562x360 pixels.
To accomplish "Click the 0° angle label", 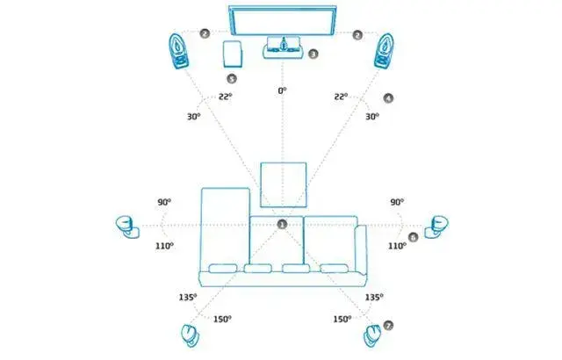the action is click(x=283, y=91).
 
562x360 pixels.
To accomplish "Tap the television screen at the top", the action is click(x=283, y=21).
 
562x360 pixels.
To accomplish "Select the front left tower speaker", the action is click(x=178, y=51).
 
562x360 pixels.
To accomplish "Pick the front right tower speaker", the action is click(x=385, y=51).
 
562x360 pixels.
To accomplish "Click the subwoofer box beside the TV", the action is click(x=233, y=54).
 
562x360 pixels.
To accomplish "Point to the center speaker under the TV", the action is click(x=283, y=47).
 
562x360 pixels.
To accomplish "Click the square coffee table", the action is click(x=284, y=185).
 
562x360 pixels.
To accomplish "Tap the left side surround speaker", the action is click(x=127, y=227).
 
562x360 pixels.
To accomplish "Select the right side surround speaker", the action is click(x=436, y=227).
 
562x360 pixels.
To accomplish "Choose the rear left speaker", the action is click(x=190, y=335).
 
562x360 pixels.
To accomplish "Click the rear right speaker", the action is click(x=372, y=336).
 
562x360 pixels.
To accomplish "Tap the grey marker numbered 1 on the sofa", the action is click(x=283, y=224).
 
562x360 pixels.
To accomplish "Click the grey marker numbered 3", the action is click(x=313, y=54).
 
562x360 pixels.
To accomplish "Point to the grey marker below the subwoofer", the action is click(x=232, y=78).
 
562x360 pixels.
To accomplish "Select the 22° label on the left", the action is click(x=226, y=97).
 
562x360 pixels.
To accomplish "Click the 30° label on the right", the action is click(x=372, y=117).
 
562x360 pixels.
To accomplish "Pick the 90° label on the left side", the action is click(x=164, y=202).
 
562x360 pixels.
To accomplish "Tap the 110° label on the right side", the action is click(x=397, y=246).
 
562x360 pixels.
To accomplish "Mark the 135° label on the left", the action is click(x=188, y=298).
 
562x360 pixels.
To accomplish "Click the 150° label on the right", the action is click(x=342, y=319).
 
